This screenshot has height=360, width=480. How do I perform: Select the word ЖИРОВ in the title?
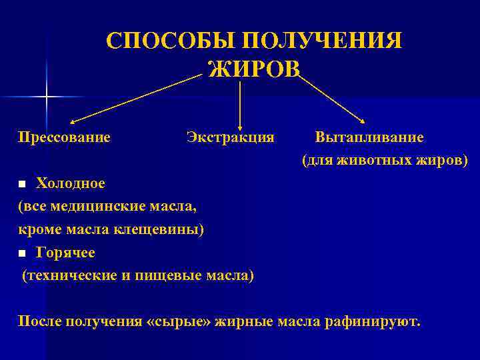pos(254,67)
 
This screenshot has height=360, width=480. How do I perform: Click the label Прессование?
pos(64,137)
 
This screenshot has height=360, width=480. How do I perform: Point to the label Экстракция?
pos(230,137)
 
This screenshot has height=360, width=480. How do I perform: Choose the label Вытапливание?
pos(369,137)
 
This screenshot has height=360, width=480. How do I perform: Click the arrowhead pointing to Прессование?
pos(73,122)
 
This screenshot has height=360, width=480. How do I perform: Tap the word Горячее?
pos(65,253)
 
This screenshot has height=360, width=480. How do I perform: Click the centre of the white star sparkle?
pos(46,97)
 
